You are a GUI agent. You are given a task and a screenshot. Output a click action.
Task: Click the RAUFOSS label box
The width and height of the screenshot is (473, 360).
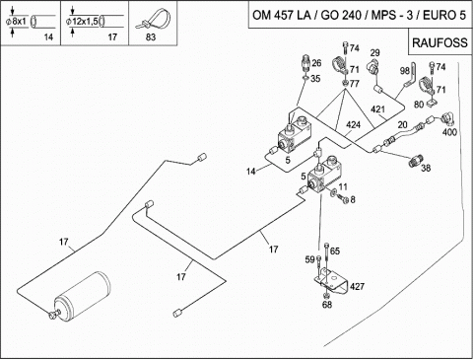439,42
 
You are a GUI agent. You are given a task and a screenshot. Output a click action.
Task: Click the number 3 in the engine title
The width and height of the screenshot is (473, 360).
409,15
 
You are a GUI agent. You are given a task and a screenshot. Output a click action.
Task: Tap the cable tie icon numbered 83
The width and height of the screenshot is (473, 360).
153,21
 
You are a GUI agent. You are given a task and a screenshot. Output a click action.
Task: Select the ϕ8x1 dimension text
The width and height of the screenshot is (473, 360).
16,22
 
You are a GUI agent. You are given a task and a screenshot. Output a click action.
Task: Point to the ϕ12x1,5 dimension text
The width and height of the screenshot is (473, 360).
82,22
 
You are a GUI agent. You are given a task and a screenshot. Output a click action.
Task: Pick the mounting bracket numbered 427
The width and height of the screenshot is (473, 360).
331,281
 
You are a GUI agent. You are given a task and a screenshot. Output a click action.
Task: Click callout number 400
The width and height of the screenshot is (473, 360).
449,132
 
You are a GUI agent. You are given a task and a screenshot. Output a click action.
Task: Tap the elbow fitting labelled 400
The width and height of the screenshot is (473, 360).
447,118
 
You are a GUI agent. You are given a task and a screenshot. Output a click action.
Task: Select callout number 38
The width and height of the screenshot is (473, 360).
426,168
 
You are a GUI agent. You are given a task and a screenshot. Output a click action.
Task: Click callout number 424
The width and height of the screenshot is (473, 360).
353,125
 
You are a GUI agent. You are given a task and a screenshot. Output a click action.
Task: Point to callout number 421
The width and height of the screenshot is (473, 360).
377,109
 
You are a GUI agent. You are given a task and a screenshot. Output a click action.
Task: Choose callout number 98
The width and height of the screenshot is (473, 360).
405,71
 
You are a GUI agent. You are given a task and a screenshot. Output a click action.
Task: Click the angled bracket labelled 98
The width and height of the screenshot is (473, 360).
411,75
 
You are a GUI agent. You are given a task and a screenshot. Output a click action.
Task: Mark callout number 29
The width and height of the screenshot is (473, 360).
375,52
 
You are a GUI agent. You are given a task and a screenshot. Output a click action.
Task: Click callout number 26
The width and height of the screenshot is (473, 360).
316,63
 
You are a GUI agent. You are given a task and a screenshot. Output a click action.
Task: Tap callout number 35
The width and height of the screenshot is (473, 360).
315,79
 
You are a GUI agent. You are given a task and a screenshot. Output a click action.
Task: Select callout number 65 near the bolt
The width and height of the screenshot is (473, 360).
335,252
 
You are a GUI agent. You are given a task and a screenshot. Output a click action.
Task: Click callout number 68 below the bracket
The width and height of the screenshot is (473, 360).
327,305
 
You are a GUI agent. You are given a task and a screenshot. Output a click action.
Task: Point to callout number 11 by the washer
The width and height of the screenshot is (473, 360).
343,187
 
